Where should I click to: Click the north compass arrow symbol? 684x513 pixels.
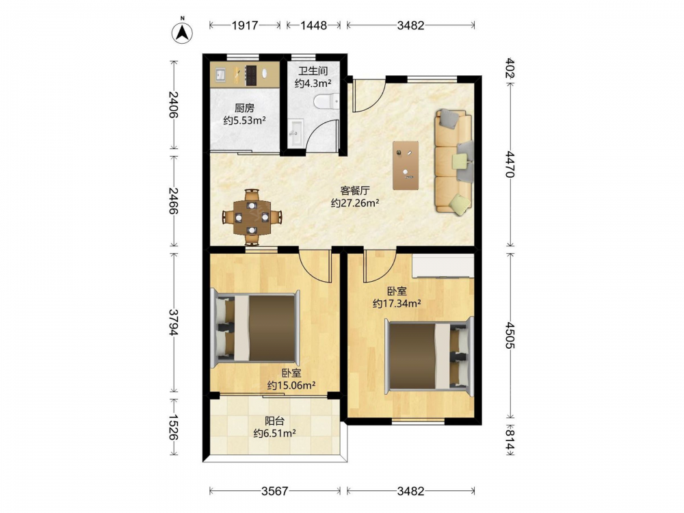[x=183, y=31]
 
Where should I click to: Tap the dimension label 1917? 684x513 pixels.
[x=245, y=25]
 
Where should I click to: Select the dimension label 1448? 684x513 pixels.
[x=313, y=25]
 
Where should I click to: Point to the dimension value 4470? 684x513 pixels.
[x=510, y=164]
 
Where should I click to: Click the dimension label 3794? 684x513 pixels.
[x=174, y=323]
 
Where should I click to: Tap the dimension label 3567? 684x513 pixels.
[x=275, y=491]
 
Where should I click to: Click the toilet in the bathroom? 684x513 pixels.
[x=326, y=102]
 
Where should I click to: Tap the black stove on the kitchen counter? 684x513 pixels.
[x=251, y=75]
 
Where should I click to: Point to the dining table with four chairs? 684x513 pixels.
[x=252, y=217]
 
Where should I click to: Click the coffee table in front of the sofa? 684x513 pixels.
[x=406, y=166]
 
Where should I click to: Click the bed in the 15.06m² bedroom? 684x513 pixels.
[x=255, y=328]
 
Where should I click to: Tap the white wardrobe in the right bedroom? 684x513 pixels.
[x=443, y=266]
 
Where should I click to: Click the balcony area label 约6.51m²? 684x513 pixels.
[x=275, y=433]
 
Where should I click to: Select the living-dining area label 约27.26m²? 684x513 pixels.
[x=354, y=203]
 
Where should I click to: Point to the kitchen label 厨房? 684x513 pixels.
[x=244, y=108]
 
